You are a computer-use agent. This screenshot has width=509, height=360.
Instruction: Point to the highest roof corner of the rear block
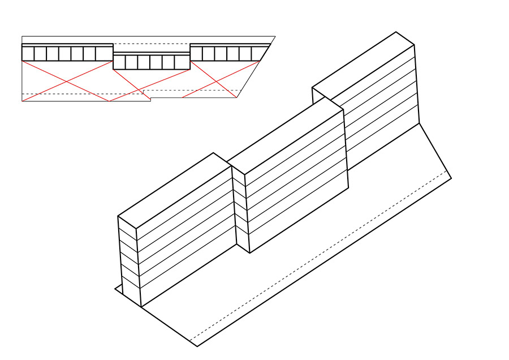click(x=396, y=32)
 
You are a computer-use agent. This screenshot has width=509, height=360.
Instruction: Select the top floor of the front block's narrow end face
click(x=127, y=227)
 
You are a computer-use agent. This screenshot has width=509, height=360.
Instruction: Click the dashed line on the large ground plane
click(x=322, y=258)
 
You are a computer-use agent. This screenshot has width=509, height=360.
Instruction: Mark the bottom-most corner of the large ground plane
click(x=197, y=346)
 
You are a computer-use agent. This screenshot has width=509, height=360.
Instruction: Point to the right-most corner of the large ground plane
click(x=451, y=178)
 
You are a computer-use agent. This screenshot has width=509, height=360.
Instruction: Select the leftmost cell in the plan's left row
click(x=28, y=54)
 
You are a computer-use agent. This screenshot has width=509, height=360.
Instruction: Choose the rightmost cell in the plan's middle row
click(x=182, y=62)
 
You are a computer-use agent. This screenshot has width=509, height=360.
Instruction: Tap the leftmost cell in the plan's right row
click(x=196, y=54)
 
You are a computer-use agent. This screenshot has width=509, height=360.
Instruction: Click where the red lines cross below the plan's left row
click(x=67, y=82)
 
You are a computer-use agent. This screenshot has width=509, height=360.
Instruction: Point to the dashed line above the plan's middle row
click(x=152, y=44)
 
